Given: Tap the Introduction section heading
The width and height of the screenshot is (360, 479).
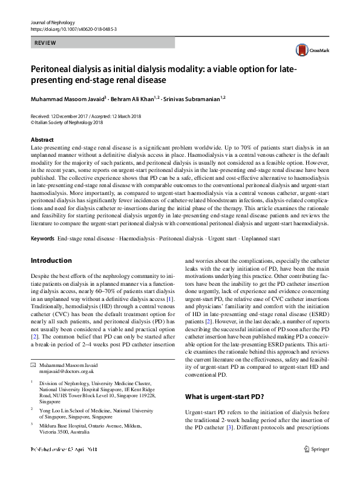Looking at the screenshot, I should (x=51, y=261).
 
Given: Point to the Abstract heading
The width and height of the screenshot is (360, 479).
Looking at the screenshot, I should (x=42, y=139).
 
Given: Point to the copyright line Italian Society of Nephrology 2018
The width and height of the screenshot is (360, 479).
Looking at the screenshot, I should (x=70, y=122).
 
